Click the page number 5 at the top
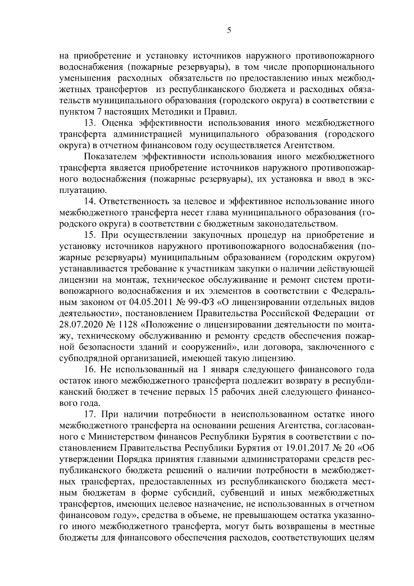(229, 31)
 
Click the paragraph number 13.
(90, 123)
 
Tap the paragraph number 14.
(90, 202)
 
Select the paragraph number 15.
(90, 235)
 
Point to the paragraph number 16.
(90, 370)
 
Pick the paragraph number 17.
(90, 414)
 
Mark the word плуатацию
(81, 190)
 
